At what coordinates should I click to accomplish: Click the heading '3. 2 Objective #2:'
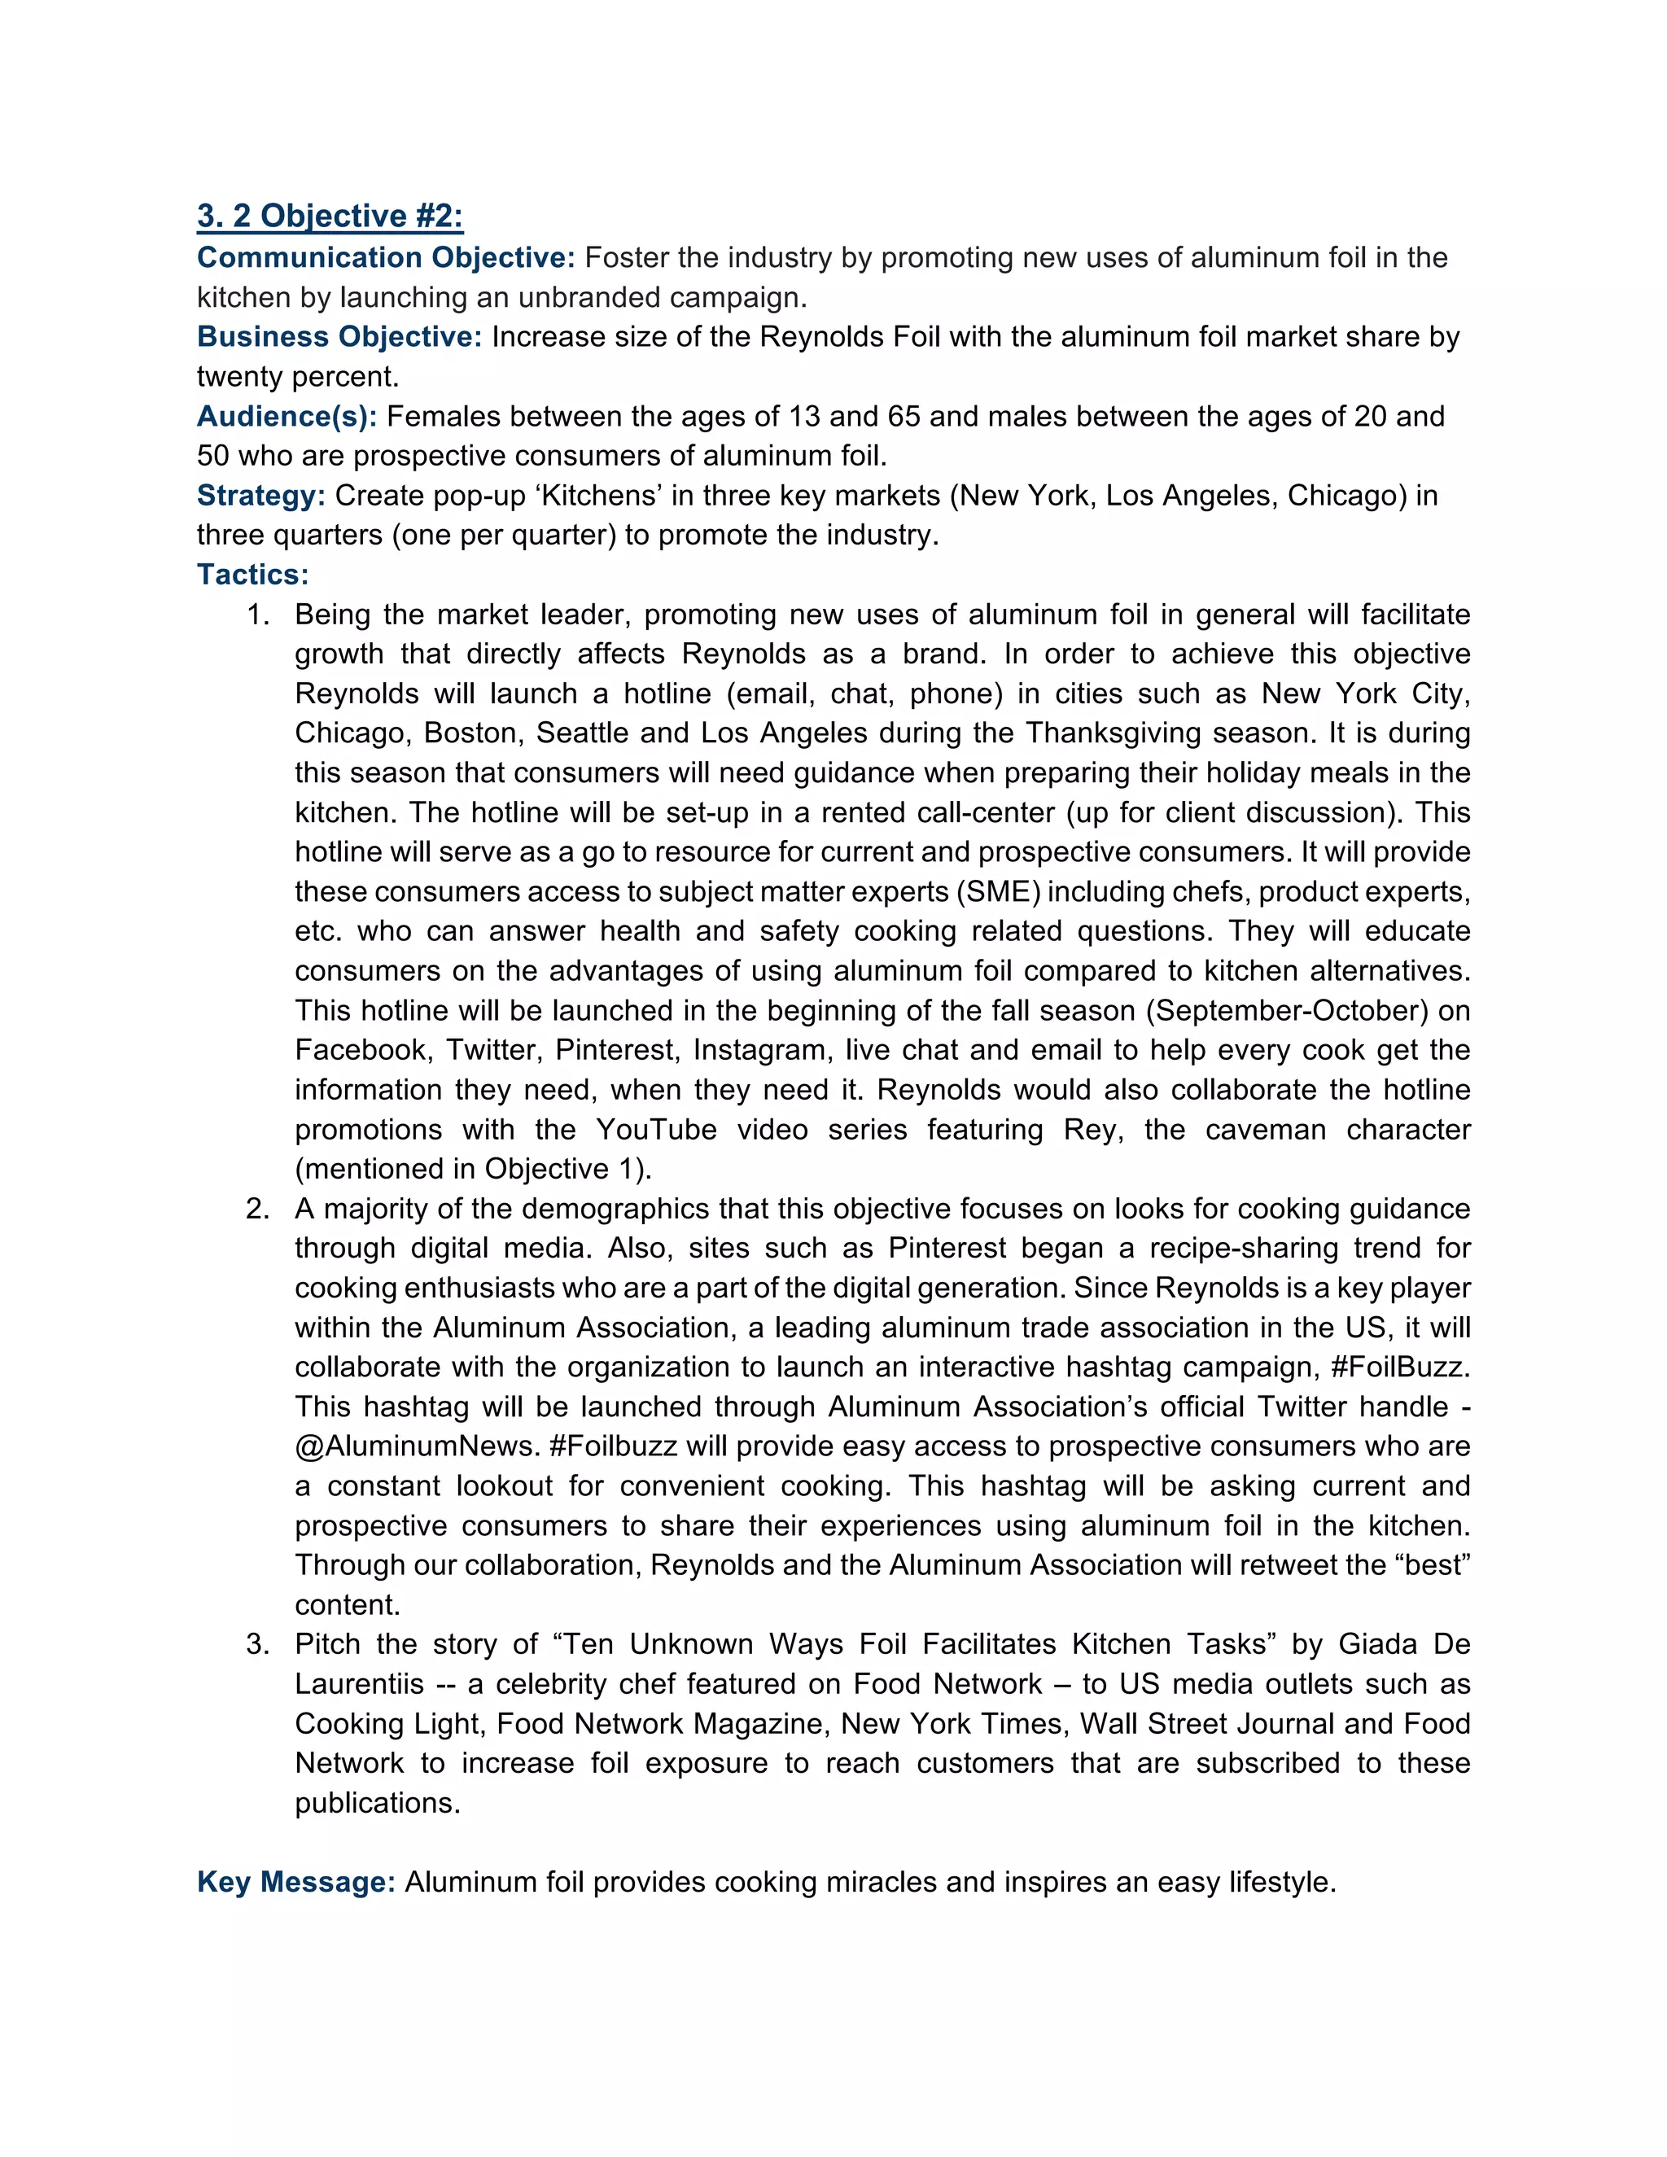pos(330,216)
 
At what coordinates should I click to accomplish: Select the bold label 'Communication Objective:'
pos(385,258)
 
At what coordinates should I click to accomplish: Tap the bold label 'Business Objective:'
pos(339,337)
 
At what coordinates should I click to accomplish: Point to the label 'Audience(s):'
pos(287,416)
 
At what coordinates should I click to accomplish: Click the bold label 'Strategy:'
pos(260,495)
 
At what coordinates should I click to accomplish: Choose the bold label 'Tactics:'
pos(253,575)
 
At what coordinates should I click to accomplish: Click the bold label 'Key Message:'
pos(296,1881)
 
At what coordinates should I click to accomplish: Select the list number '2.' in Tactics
pos(258,1209)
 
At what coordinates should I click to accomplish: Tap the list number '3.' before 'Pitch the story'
pos(258,1644)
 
